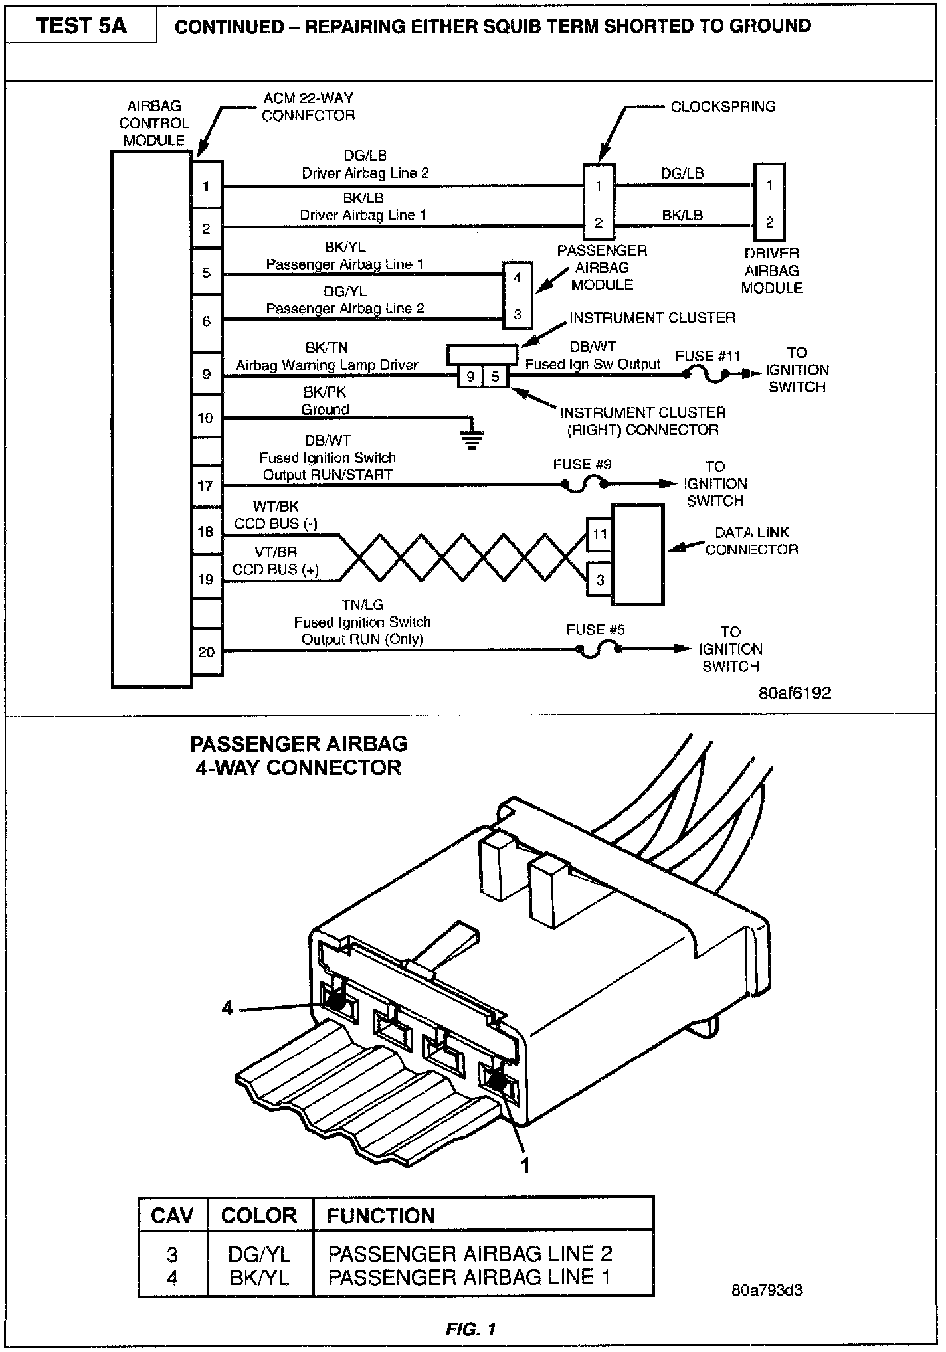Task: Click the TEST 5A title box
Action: point(80,26)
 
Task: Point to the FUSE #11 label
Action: point(708,356)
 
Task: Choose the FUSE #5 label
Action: point(595,630)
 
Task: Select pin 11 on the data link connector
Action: point(599,534)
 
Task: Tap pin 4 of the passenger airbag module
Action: point(518,278)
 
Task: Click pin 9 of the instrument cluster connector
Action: point(470,377)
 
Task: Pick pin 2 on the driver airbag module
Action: point(769,222)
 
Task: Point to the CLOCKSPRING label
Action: point(723,106)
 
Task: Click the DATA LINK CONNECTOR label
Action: point(751,541)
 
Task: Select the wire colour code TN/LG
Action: point(362,605)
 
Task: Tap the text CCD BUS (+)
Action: point(275,570)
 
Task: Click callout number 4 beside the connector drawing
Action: point(228,1008)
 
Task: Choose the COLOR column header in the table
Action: point(258,1215)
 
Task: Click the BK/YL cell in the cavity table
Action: point(258,1277)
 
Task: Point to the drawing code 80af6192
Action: point(795,693)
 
